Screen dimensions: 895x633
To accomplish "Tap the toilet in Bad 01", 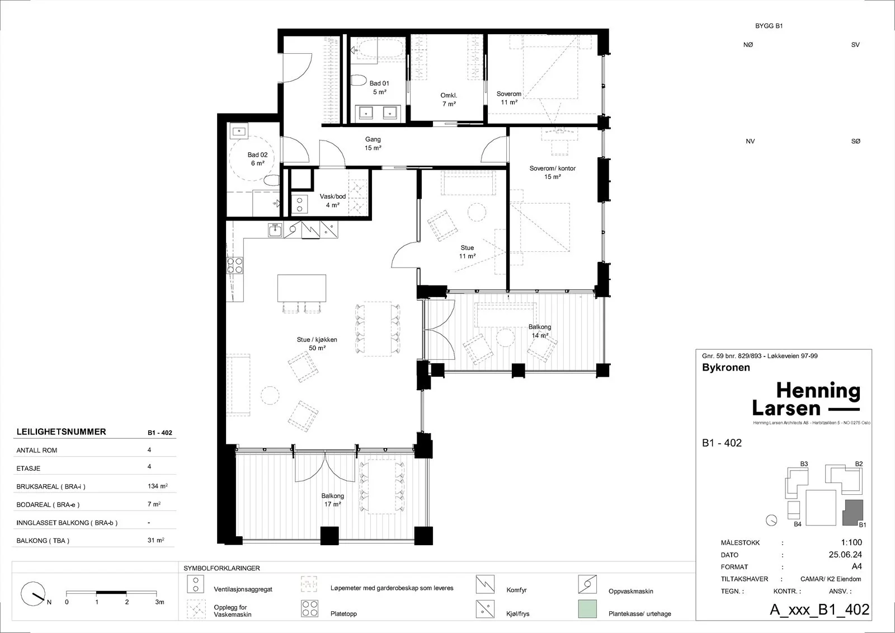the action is click(x=359, y=81).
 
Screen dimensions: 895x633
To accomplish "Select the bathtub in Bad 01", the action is click(x=377, y=49).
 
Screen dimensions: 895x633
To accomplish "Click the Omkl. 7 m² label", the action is click(x=449, y=100).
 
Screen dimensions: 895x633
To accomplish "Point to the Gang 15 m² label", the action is click(x=373, y=143).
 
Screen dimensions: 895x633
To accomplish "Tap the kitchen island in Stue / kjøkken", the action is click(x=302, y=288).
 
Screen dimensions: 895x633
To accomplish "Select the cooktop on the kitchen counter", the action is click(x=235, y=265).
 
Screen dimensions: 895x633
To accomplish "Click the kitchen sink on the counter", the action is click(x=275, y=231).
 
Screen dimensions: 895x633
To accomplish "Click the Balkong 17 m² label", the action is click(x=332, y=500).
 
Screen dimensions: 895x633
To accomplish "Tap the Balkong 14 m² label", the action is click(x=540, y=331).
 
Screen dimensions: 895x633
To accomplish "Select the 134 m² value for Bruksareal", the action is click(x=157, y=486).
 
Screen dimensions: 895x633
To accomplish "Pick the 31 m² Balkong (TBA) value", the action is click(x=156, y=540).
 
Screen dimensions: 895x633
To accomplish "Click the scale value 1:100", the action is click(x=851, y=543).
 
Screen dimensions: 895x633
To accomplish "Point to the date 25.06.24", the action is click(x=845, y=555).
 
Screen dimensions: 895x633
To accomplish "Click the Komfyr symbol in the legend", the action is click(x=485, y=584).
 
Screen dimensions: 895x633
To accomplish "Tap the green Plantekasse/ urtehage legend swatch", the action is click(x=587, y=608).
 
